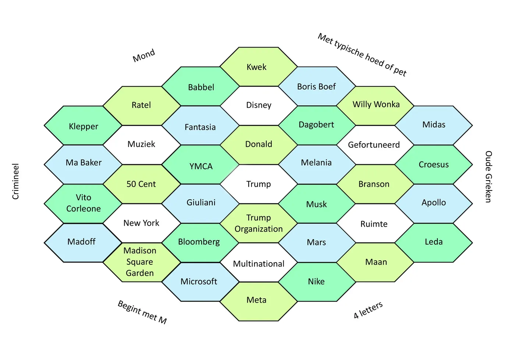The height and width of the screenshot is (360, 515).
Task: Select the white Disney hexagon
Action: tap(259, 106)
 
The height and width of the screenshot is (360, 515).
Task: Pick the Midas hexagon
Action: tap(434, 125)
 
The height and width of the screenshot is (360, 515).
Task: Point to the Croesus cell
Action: tap(434, 164)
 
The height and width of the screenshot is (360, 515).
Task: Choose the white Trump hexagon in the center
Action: tap(259, 184)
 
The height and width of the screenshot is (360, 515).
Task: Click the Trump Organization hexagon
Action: tap(259, 223)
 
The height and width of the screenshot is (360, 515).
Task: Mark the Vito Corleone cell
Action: tap(84, 203)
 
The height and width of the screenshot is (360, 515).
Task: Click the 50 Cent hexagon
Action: tap(142, 184)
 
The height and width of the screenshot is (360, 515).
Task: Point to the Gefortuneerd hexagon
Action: tap(374, 145)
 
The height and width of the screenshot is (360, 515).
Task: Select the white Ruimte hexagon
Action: tap(374, 224)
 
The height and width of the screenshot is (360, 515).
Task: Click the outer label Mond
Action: tap(144, 56)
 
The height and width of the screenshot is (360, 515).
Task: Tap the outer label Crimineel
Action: tap(15, 182)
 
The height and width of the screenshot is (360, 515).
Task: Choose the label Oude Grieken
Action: tap(488, 177)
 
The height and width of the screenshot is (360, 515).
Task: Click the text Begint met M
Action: tap(142, 312)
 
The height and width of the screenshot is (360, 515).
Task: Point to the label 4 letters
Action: tap(368, 310)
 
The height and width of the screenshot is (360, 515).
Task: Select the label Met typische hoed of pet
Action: tap(362, 54)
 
